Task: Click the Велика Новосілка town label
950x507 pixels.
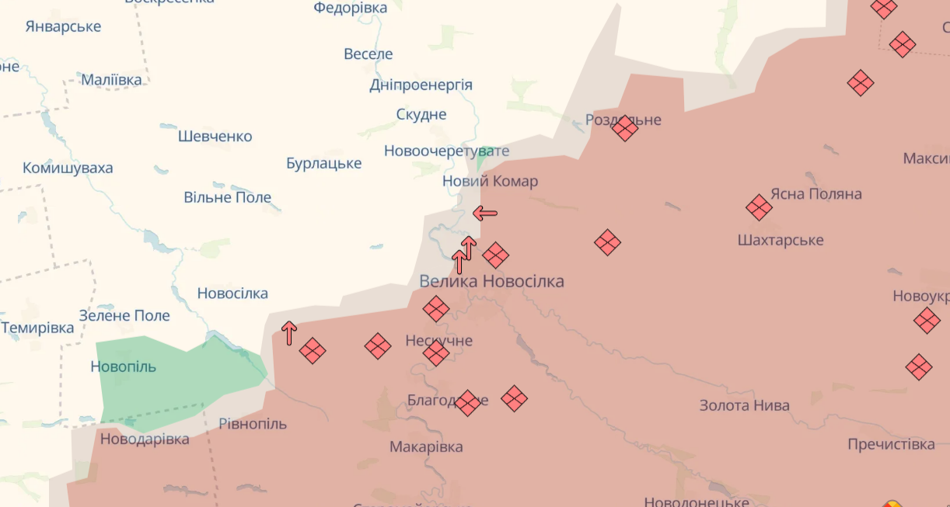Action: click(x=491, y=281)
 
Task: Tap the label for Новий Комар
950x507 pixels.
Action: click(x=490, y=182)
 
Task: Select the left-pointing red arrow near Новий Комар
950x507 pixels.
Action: click(x=485, y=213)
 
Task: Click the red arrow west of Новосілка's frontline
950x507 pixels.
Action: click(x=289, y=333)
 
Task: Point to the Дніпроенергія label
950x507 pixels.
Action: click(x=421, y=85)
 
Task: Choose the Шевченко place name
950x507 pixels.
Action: click(x=215, y=137)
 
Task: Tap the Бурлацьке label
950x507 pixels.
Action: click(x=323, y=164)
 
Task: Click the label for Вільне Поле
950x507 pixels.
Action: click(x=228, y=198)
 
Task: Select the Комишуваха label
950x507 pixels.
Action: click(x=68, y=168)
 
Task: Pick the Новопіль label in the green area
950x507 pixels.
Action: click(x=124, y=366)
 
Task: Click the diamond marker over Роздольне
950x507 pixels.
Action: click(x=624, y=128)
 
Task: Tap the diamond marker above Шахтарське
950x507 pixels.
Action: click(x=759, y=207)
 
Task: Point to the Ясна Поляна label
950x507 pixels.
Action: click(x=816, y=194)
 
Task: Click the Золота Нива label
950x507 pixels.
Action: click(x=744, y=405)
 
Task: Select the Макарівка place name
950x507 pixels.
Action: click(x=426, y=447)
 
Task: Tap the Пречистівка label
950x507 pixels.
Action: click(x=891, y=445)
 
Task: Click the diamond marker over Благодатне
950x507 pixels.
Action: click(x=467, y=403)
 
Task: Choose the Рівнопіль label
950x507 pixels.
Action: click(x=252, y=424)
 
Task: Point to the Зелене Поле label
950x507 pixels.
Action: click(x=124, y=316)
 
